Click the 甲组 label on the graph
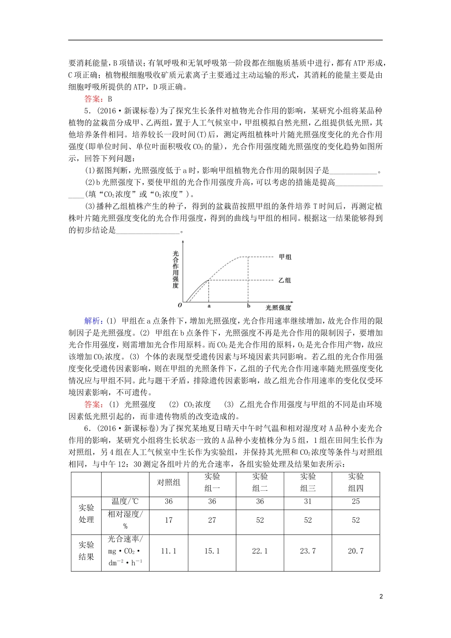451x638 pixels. pos(285,257)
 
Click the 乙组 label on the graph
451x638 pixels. pos(285,280)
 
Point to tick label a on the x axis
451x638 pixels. pos(209,307)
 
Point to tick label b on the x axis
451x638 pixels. pos(248,307)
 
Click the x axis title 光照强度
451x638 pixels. pos(278,308)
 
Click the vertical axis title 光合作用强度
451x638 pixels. pos(176,270)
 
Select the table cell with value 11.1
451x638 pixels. pos(169,551)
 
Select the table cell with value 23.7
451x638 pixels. pos(308,551)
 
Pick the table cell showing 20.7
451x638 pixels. pos(356,551)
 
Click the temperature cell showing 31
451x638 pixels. pos(308,502)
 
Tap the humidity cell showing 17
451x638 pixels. pos(169,520)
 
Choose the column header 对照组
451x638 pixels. pos(169,482)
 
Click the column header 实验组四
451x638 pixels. pos(356,482)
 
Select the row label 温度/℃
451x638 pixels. pos(125,502)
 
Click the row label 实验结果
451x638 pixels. pos(86,551)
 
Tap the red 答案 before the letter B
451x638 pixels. pos(93,99)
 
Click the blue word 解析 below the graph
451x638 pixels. pos(93,321)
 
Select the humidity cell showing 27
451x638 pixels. pos(212,520)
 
